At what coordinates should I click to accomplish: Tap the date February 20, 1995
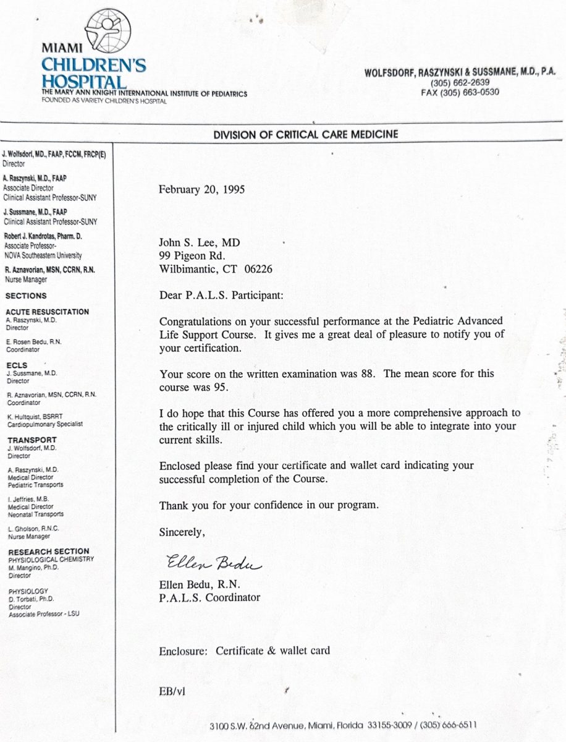click(x=201, y=189)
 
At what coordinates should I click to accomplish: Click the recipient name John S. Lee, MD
click(x=200, y=244)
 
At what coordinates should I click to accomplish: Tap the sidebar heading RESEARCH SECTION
click(x=48, y=551)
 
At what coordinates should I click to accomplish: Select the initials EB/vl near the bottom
click(x=172, y=691)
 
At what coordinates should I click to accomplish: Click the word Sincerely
click(x=182, y=531)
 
